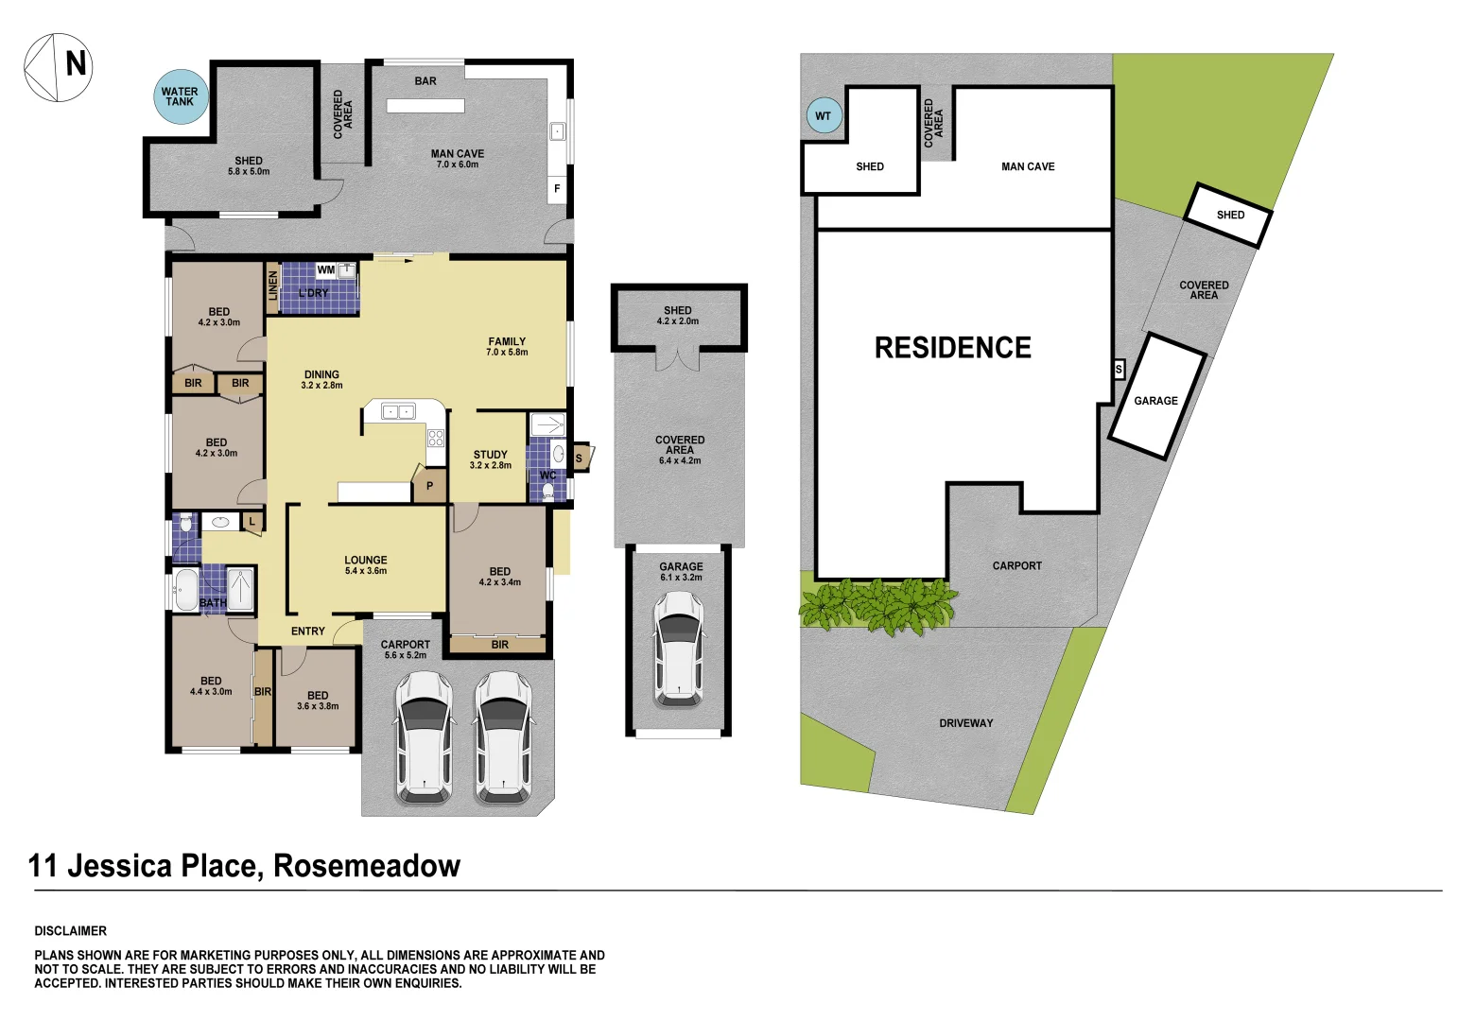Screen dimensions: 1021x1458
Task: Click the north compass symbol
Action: click(x=58, y=67)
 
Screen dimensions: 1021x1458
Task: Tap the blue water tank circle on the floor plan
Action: click(x=180, y=97)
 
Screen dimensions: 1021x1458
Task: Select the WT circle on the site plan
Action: click(x=823, y=116)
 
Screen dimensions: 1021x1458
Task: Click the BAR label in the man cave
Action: click(x=425, y=81)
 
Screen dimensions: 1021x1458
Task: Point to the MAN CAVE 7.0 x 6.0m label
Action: click(x=458, y=159)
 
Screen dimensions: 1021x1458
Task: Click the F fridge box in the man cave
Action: click(x=557, y=189)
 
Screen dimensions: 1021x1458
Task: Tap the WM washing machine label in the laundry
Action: click(x=326, y=270)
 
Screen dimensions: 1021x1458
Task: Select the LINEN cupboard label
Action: click(x=273, y=286)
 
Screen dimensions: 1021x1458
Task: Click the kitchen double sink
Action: click(x=398, y=411)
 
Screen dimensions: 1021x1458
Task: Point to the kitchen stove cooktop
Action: click(x=436, y=437)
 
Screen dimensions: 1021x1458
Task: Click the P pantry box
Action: click(x=429, y=486)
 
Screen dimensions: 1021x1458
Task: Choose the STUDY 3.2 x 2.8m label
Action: click(x=490, y=459)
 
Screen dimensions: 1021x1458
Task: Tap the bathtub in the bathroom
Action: click(x=186, y=590)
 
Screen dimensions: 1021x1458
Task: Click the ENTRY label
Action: click(x=308, y=632)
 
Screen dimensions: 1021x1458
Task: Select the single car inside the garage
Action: click(x=678, y=649)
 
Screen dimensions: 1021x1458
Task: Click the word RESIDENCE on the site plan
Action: click(x=952, y=348)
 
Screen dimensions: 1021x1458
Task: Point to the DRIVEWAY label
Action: click(x=965, y=723)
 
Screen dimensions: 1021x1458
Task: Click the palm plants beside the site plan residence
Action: click(x=877, y=605)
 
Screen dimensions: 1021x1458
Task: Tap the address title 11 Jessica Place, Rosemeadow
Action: click(x=244, y=866)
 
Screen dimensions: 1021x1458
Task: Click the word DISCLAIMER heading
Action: click(x=71, y=931)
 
